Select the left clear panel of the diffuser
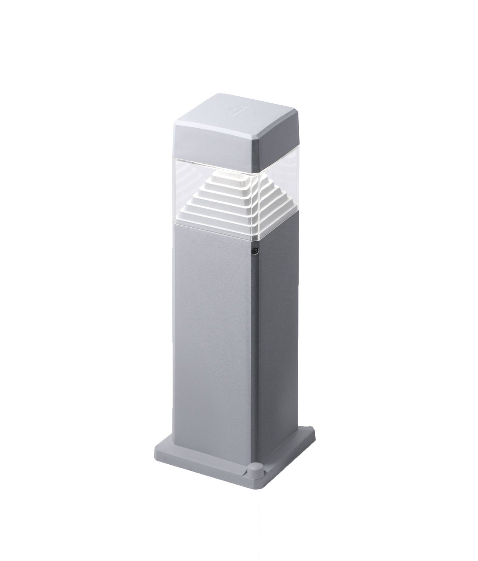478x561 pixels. click(x=185, y=191)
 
